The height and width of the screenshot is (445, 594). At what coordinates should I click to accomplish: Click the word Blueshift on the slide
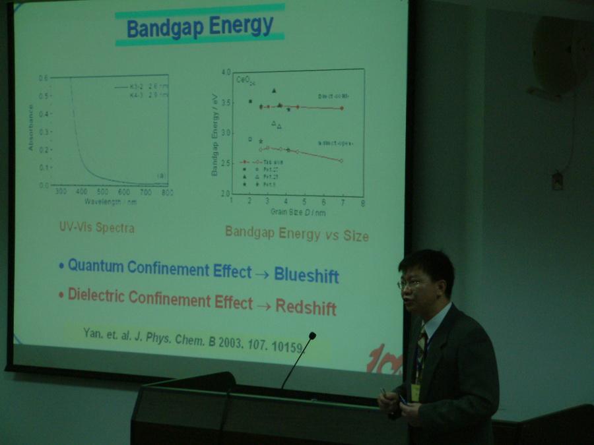[x=306, y=274]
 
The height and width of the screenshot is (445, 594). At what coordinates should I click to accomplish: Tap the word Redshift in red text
[x=306, y=307]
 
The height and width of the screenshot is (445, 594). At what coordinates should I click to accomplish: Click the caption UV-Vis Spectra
[x=96, y=228]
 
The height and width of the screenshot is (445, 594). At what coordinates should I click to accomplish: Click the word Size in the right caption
[x=352, y=235]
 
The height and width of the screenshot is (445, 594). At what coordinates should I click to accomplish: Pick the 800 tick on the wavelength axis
[x=167, y=193]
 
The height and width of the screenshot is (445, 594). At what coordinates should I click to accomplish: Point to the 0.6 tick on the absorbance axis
[x=43, y=78]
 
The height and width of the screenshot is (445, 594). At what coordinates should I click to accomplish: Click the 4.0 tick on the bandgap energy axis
[x=226, y=72]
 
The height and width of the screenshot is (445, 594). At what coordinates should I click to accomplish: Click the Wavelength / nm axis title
[x=110, y=200]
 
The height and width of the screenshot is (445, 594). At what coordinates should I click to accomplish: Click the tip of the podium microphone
[x=312, y=336]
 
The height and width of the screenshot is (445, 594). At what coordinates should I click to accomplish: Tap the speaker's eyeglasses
[x=411, y=284]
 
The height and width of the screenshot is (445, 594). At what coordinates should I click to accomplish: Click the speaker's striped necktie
[x=421, y=350]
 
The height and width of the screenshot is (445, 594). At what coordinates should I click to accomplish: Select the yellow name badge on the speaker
[x=415, y=392]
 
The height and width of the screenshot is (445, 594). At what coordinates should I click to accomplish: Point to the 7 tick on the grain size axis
[x=342, y=202]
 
